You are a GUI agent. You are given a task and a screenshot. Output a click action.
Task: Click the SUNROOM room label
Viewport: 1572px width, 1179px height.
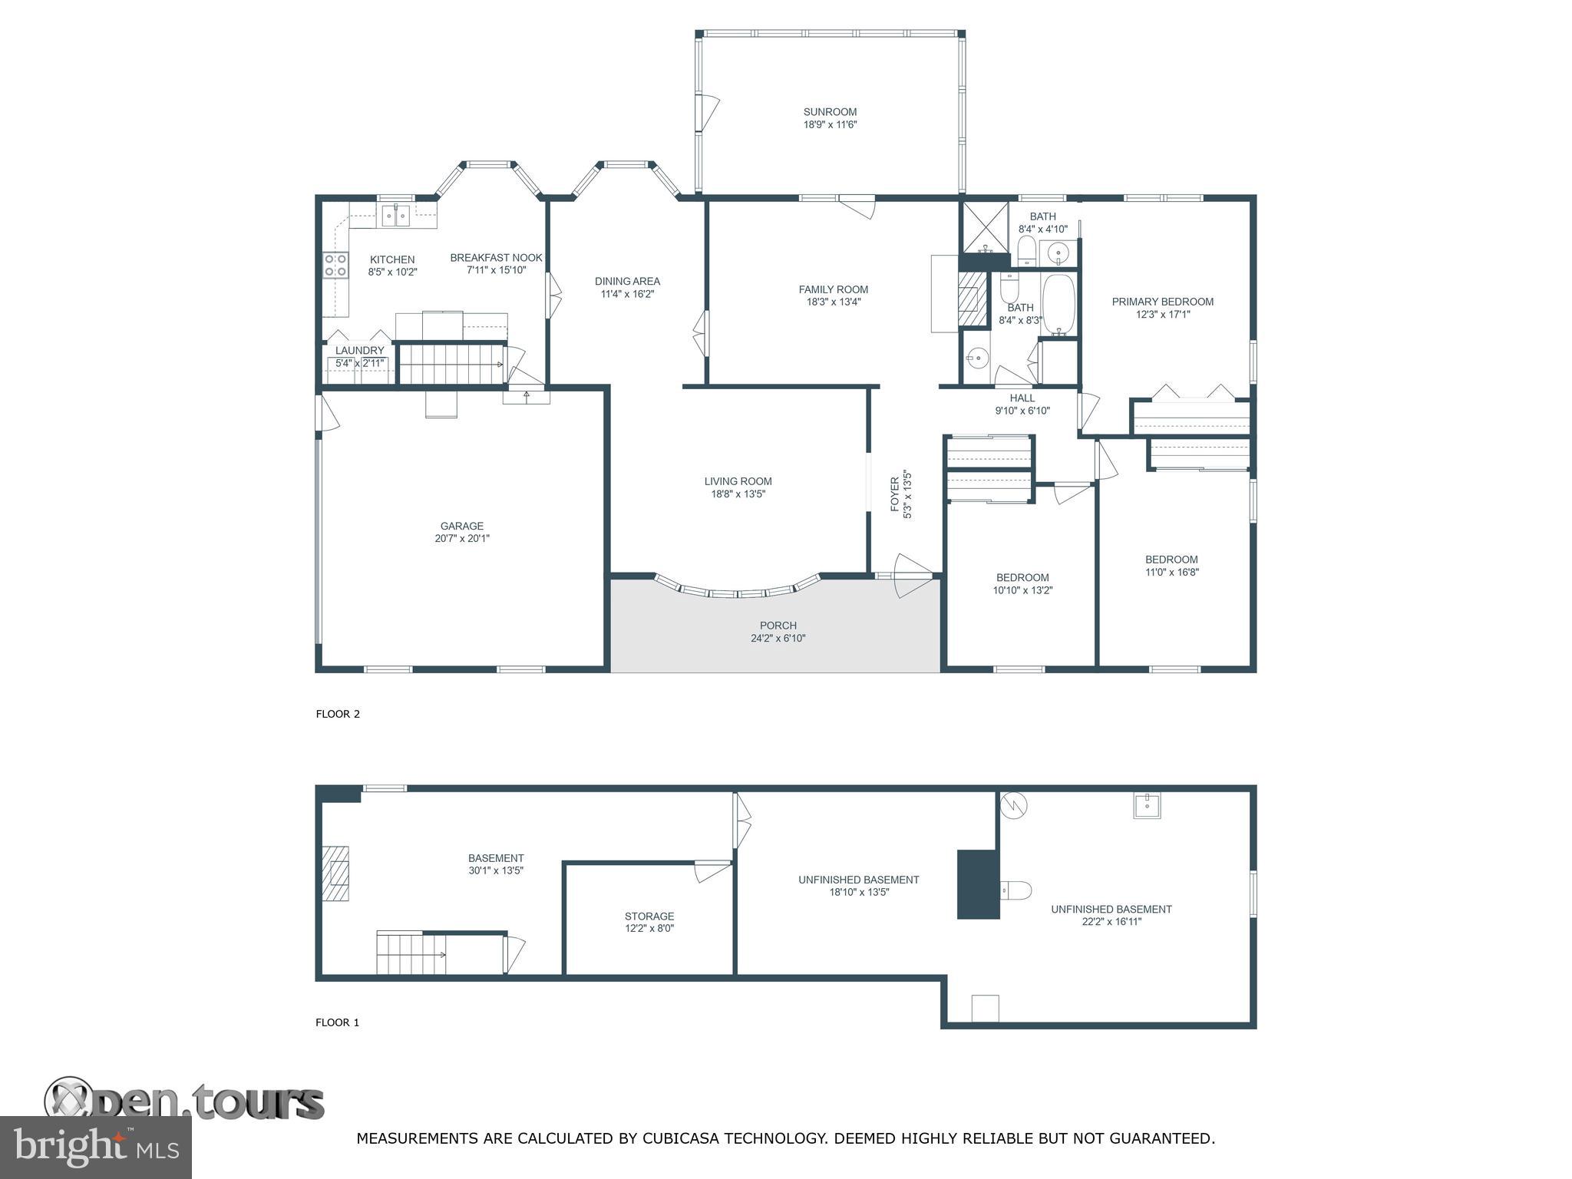830,112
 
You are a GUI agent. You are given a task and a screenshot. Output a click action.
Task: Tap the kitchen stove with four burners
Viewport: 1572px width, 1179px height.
335,265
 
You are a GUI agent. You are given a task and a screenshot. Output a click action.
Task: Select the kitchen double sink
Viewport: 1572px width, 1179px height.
398,216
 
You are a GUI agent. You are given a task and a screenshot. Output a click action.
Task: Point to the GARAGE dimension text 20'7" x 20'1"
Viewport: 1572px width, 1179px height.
462,539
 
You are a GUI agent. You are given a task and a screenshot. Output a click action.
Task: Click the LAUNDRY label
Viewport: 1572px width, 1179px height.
359,351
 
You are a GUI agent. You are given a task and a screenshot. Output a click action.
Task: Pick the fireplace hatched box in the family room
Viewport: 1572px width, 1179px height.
973,298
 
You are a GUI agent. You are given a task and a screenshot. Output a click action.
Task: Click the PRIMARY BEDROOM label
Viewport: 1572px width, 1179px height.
1163,302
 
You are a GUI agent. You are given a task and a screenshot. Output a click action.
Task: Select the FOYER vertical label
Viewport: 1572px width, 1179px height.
894,495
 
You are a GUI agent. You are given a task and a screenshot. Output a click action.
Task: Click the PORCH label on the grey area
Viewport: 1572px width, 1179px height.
778,626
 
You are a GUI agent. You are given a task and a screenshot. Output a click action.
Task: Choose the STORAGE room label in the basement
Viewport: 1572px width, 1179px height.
649,916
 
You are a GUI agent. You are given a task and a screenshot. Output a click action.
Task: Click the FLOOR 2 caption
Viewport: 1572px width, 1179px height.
338,714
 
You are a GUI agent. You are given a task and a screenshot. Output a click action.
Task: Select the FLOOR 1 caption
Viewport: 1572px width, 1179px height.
338,1022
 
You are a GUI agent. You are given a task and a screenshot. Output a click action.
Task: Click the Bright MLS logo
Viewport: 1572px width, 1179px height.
96,1147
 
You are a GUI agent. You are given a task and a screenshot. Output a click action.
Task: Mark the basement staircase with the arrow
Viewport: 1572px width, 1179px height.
411,953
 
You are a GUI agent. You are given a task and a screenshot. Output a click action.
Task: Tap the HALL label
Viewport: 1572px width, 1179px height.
1022,398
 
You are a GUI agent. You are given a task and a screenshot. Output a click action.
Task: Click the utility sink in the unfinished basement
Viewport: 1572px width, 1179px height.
1147,805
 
